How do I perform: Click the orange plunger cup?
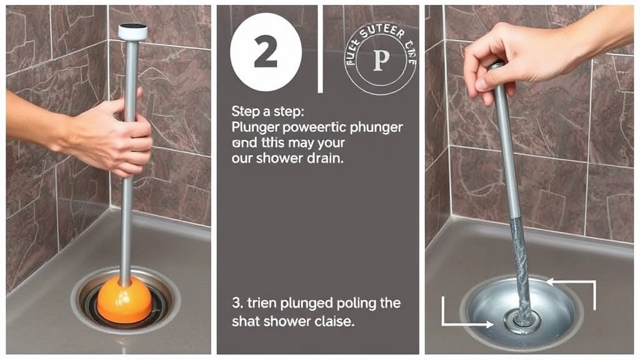[125, 300]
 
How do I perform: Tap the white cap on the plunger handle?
[132, 31]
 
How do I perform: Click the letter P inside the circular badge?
[381, 60]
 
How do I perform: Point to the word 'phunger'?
[375, 127]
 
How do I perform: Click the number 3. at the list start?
[236, 303]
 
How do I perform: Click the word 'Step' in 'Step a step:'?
[244, 111]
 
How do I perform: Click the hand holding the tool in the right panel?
[519, 59]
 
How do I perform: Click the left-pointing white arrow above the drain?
[572, 283]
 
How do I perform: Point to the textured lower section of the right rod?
[521, 262]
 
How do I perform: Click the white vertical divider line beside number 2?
[321, 47]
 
